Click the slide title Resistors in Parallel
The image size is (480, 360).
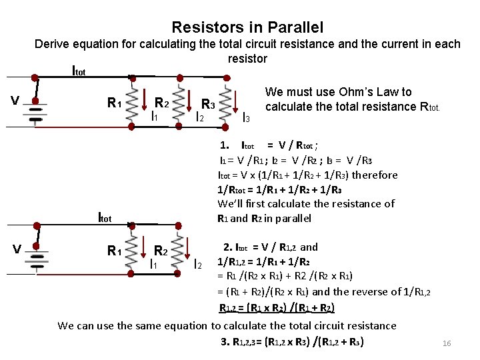tap(247, 27)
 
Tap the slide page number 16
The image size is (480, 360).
tap(447, 343)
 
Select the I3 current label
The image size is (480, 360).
tap(245, 118)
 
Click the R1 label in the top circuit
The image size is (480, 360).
tap(114, 103)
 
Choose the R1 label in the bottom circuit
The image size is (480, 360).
tap(114, 251)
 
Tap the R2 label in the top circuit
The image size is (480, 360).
tap(161, 103)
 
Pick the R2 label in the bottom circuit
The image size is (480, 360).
tap(161, 251)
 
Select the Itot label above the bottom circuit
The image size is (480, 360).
tap(105, 217)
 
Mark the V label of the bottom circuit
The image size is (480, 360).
tap(17, 249)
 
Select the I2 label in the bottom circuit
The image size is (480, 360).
tap(197, 265)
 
